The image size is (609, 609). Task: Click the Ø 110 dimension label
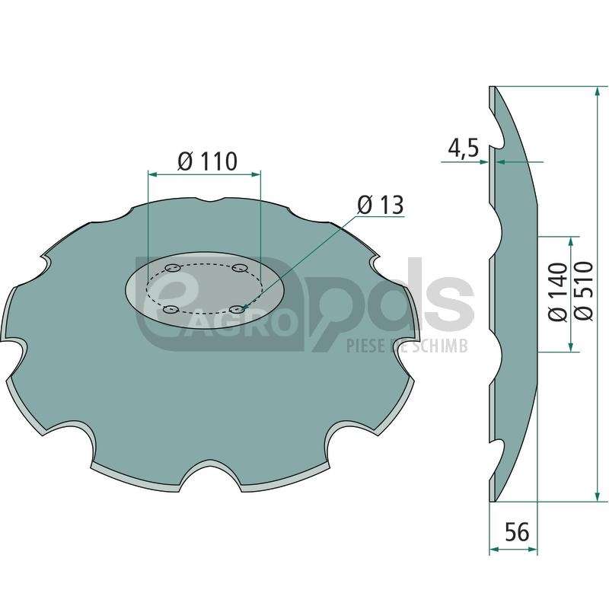tap(207, 161)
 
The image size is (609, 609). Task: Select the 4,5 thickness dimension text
tap(464, 148)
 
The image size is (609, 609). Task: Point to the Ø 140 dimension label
tap(558, 292)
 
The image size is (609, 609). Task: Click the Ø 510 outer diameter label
tap(584, 291)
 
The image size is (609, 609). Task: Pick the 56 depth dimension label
tap(517, 531)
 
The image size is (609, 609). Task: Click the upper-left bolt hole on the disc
tap(173, 268)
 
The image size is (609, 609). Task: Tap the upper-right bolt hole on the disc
tap(240, 268)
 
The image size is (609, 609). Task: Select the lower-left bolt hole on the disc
tap(171, 310)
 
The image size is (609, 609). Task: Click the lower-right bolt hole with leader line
tap(238, 309)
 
